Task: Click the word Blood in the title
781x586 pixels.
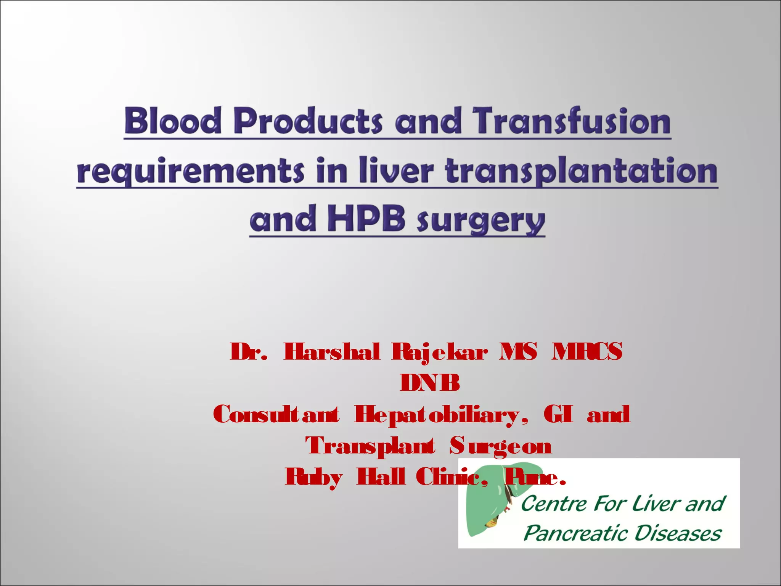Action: coord(173,121)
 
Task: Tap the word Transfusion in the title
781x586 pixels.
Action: coord(571,121)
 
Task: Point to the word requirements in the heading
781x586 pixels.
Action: coord(191,171)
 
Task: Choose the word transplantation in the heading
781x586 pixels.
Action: coord(582,171)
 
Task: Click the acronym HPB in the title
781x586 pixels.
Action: coord(366,219)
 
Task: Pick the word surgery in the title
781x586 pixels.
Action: coord(481,221)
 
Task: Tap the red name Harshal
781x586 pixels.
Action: coord(332,351)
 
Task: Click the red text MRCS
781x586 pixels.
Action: coord(587,351)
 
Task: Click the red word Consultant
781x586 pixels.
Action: coord(276,414)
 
